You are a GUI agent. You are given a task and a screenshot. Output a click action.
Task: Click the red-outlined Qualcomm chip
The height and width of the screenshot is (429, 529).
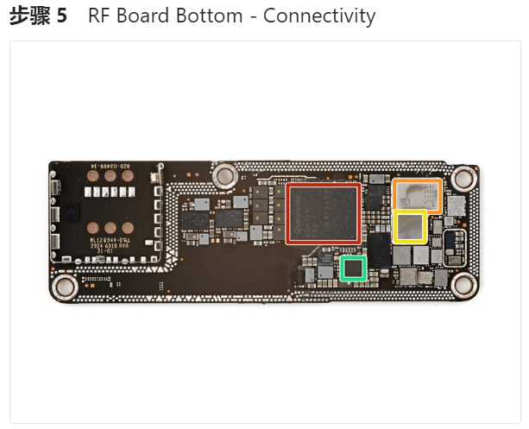pos(324,213)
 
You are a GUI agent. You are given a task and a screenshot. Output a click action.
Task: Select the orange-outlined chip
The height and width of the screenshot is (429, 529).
pos(417,196)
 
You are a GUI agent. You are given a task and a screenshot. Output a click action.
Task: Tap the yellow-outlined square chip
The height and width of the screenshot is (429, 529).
pos(410,227)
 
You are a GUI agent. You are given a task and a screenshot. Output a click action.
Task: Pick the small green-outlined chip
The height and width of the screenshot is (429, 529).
pos(353,268)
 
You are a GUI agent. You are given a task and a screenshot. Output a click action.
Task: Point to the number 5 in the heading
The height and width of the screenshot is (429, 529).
pos(61,16)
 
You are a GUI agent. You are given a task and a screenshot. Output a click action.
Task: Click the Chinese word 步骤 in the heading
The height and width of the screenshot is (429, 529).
pos(28,16)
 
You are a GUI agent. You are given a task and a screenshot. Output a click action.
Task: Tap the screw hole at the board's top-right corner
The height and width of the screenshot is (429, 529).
pos(463,178)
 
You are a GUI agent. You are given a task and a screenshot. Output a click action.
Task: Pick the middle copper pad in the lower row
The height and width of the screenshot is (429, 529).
pos(110,230)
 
